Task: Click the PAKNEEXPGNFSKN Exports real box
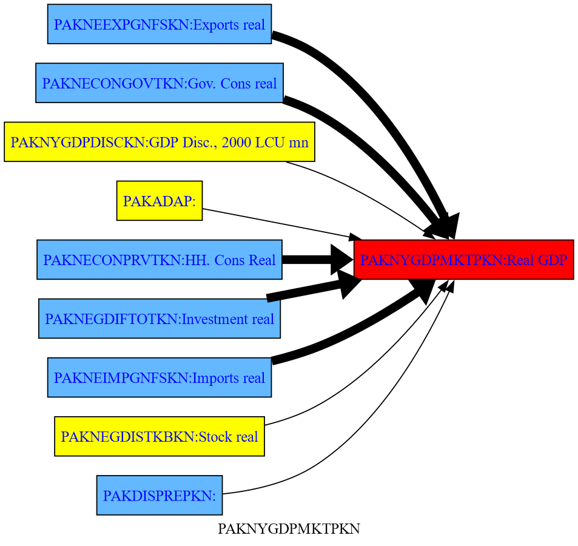coord(159,24)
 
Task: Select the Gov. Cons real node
coord(159,83)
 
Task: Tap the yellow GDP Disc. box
coord(159,142)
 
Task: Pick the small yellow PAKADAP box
coord(159,201)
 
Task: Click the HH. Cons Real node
coord(159,260)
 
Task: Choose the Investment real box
coord(159,318)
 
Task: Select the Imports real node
coord(159,377)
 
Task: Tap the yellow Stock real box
coord(159,436)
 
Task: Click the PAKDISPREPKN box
coord(159,495)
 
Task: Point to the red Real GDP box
coord(463,260)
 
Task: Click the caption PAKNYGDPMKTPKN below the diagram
coord(289,530)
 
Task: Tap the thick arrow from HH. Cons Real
coord(309,260)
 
